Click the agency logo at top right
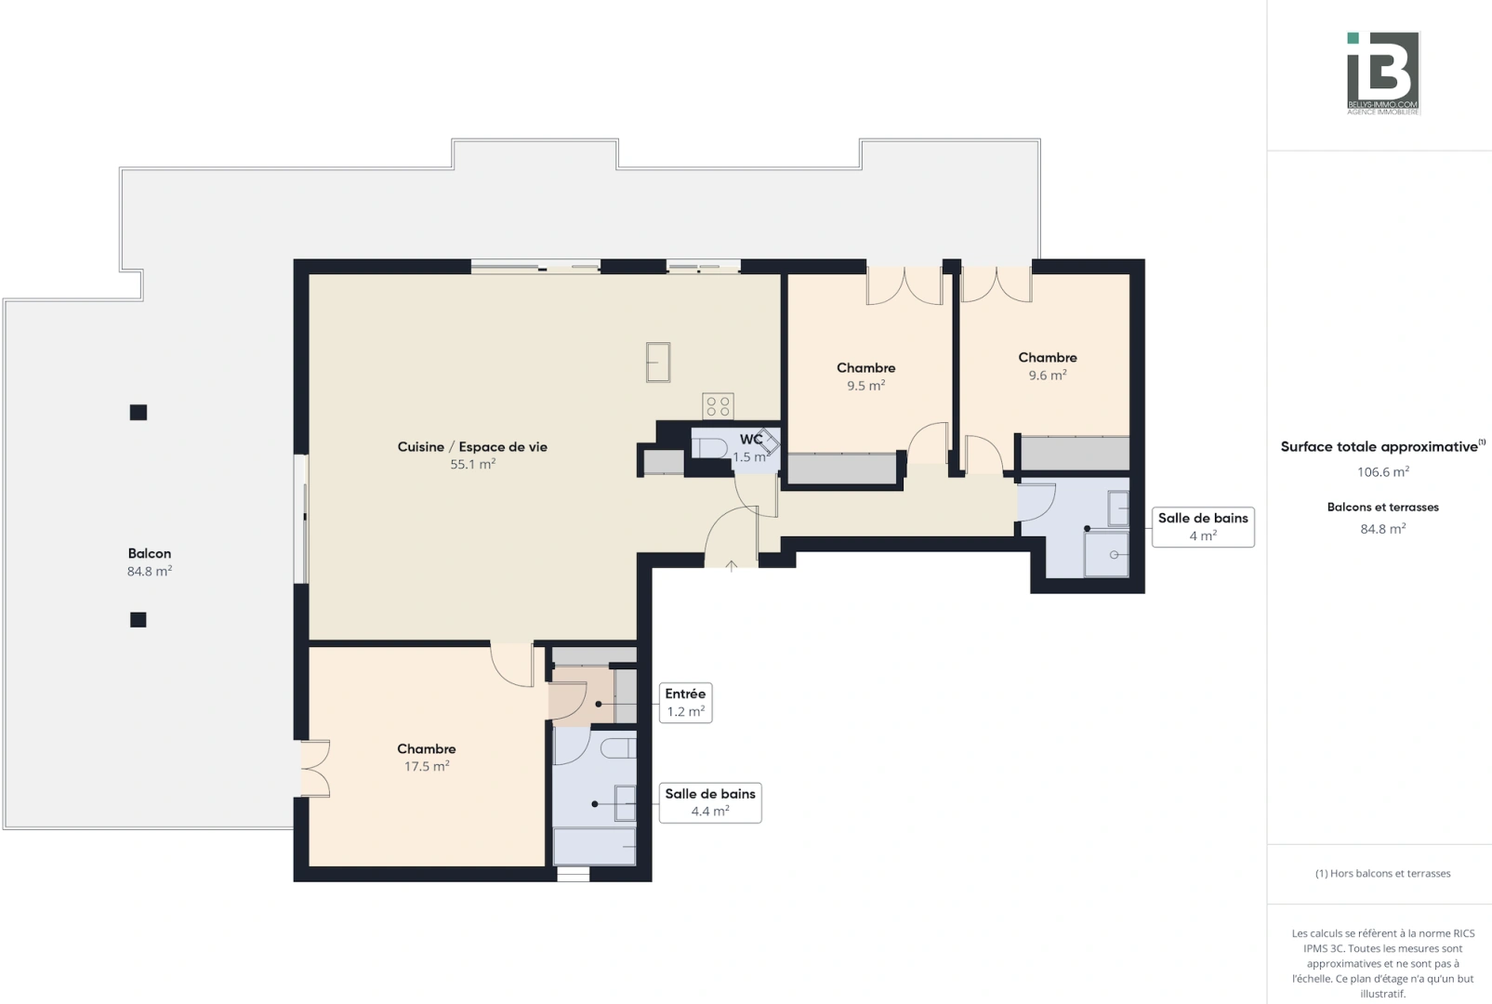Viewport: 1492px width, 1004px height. pos(1383,73)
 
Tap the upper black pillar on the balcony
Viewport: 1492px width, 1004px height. pos(139,412)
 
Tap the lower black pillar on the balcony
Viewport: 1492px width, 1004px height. pos(139,619)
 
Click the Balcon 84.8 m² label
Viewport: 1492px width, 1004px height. pos(150,561)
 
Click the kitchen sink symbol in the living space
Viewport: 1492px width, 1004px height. pos(658,362)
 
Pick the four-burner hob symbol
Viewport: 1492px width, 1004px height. pos(718,405)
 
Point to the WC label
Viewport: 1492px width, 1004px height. pos(751,440)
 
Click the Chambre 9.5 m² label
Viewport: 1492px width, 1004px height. pos(865,376)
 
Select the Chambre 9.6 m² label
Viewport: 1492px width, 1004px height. pos(1048,365)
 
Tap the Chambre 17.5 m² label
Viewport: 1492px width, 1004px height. pos(427,757)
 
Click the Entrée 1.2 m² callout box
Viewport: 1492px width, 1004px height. pos(686,702)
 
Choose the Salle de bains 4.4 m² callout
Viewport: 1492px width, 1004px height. pos(710,801)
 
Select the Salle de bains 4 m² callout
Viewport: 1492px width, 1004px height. pos(1203,526)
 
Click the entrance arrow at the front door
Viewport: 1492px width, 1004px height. pos(732,565)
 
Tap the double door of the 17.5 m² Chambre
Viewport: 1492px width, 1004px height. pos(314,768)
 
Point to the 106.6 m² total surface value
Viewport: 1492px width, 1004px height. pos(1383,472)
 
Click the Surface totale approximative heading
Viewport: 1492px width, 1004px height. pos(1380,447)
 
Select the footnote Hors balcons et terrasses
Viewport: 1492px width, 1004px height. pos(1383,873)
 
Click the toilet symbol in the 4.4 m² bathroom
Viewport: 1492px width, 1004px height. pos(616,747)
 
